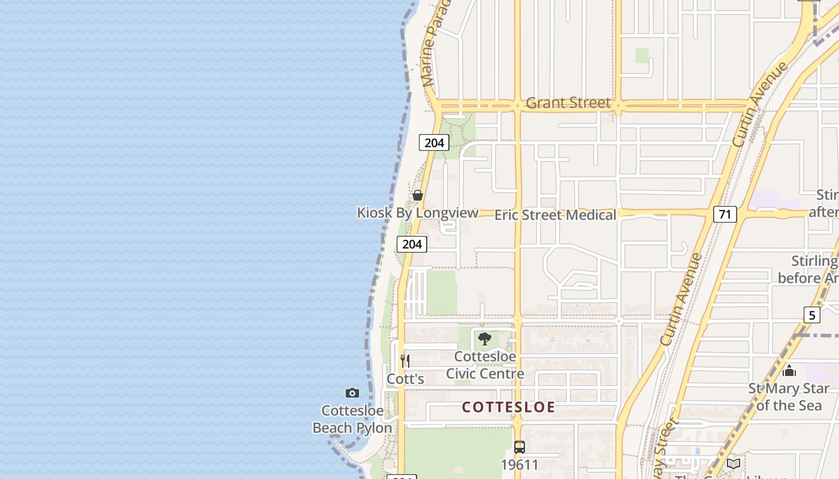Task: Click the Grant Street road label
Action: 568,103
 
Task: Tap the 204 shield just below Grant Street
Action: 434,143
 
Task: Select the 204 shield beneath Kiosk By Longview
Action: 412,244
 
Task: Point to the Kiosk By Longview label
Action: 418,213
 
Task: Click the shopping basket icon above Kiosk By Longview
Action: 418,195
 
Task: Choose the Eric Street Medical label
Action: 555,215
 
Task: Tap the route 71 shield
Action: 725,214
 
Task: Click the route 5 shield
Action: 811,315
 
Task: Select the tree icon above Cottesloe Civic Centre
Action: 485,339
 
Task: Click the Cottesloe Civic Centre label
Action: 485,365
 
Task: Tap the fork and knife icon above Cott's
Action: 405,360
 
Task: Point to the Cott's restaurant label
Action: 405,379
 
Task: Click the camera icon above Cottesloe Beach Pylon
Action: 352,393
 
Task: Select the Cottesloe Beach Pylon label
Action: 352,419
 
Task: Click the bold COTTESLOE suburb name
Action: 508,407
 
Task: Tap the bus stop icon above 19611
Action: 520,447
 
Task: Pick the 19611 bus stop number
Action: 520,464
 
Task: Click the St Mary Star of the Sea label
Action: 789,397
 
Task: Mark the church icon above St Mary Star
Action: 789,371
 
